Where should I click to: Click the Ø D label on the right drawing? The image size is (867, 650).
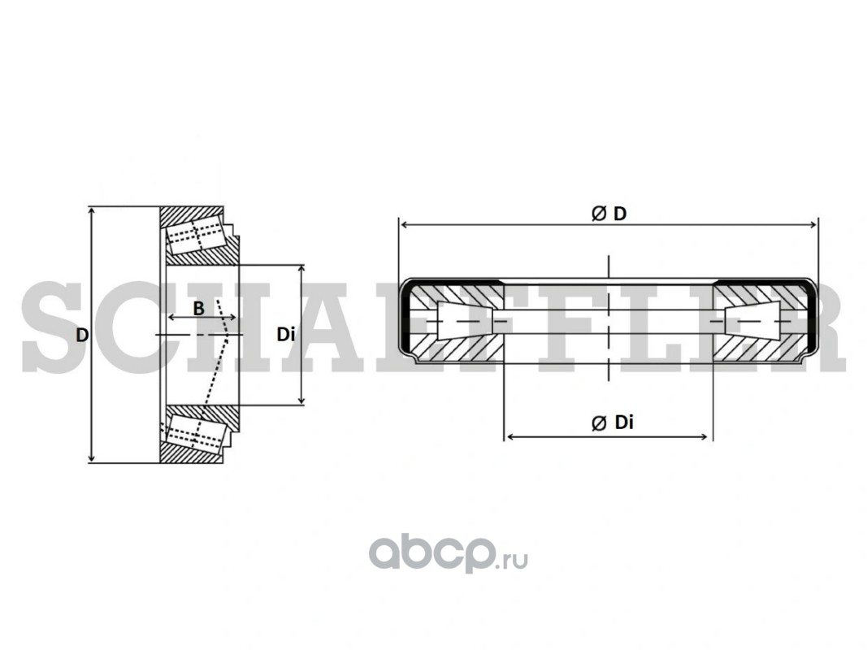click(x=609, y=214)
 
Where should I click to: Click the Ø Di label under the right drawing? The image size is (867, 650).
click(x=612, y=422)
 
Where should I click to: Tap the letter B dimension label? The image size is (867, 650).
click(x=198, y=309)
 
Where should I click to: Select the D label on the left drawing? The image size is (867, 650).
click(x=82, y=335)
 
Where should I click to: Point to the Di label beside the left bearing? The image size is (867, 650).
click(x=286, y=335)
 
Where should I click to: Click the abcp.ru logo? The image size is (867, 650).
click(x=448, y=552)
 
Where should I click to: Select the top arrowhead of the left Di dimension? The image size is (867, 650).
click(x=301, y=270)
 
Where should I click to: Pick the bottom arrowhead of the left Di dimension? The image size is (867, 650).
click(x=301, y=400)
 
